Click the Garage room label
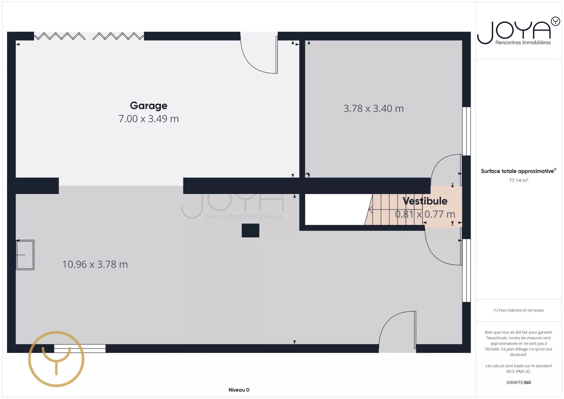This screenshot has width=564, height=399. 149,105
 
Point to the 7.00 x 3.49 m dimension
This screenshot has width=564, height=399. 149,119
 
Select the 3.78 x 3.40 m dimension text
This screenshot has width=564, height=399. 374,109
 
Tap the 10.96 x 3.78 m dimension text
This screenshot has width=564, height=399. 95,264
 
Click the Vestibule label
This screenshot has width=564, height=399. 425,201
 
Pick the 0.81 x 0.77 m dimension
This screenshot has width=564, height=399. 425,214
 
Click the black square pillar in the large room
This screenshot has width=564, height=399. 251,230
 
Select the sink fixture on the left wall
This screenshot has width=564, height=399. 25,255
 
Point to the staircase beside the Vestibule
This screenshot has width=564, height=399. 394,209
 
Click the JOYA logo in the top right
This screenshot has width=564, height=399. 519,31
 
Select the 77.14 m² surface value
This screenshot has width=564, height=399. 519,180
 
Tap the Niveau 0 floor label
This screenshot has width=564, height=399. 239,390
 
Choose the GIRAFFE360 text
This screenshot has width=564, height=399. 518,383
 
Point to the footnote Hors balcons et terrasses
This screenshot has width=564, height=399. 518,310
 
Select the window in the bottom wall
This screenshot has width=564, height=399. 80,348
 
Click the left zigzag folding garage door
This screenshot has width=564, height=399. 60,36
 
